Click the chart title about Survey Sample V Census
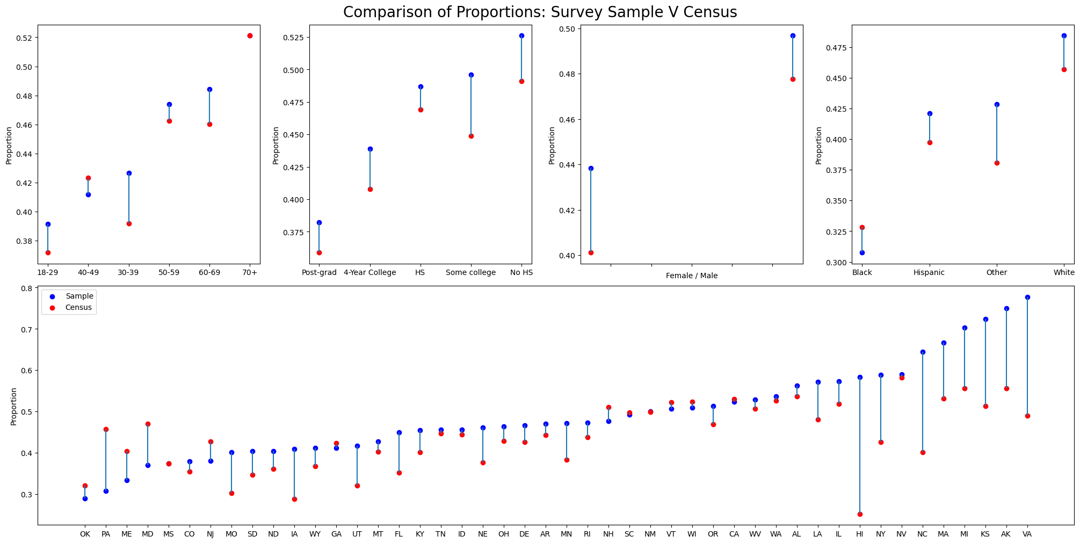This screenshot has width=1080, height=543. (x=540, y=12)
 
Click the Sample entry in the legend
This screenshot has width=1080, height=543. (x=79, y=296)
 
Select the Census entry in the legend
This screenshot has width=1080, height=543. (x=78, y=308)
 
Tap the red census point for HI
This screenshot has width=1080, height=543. (x=860, y=514)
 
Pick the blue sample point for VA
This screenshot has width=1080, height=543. (x=1027, y=297)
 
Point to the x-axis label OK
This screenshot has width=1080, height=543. (x=85, y=534)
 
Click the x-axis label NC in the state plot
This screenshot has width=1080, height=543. (x=923, y=534)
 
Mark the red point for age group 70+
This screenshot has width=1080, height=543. (x=250, y=35)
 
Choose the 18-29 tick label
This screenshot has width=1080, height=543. (x=48, y=272)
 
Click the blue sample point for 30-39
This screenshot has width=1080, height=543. (x=129, y=173)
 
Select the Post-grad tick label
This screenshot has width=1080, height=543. (x=319, y=272)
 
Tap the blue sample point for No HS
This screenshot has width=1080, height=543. (x=521, y=35)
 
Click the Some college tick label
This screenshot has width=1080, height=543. (x=471, y=272)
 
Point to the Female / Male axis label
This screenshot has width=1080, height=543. (x=692, y=276)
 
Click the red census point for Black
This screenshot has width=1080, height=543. (x=862, y=227)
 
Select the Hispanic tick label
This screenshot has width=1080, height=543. (x=929, y=272)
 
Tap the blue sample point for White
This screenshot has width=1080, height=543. (x=1064, y=35)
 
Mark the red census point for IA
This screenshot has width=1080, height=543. (x=294, y=499)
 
